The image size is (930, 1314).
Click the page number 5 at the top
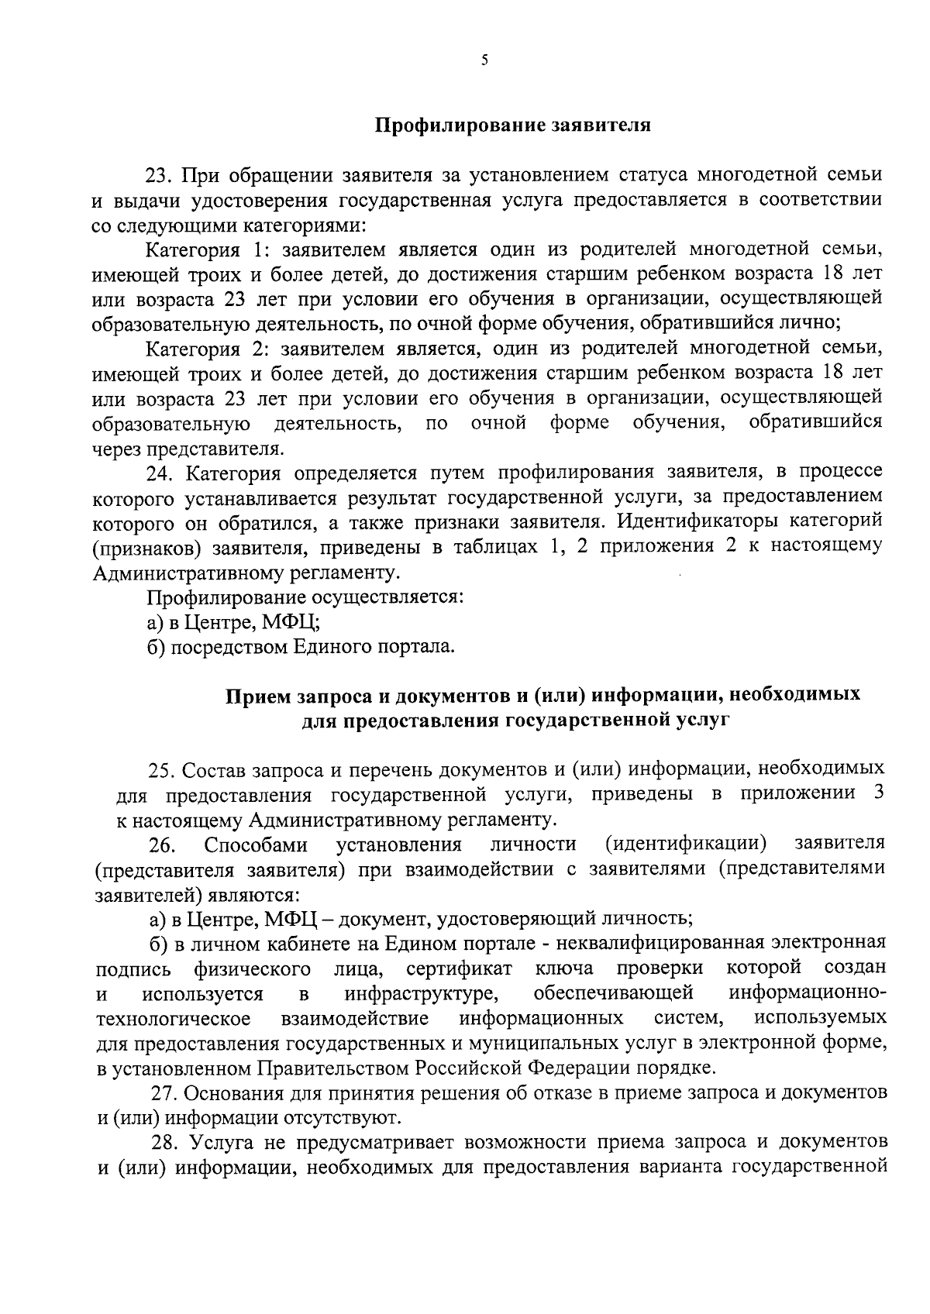484,61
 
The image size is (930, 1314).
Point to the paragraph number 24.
161,473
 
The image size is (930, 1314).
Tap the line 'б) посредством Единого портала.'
302,647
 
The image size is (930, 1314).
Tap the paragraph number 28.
165,1143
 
